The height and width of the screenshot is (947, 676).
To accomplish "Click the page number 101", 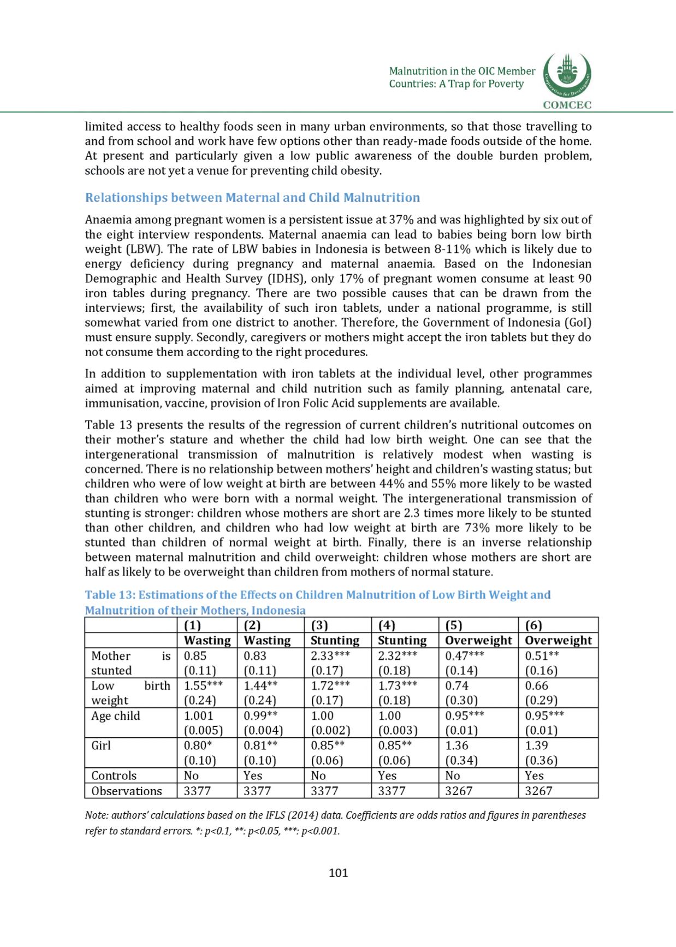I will pos(338,872).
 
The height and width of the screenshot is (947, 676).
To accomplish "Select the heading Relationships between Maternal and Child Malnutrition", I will pos(252,198).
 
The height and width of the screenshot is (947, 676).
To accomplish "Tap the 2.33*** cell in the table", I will pos(330,656).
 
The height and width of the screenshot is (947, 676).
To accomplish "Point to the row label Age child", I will pos(116,716).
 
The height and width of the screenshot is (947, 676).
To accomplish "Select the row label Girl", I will pos(101,745).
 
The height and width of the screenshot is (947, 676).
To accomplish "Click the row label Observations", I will pos(127,791).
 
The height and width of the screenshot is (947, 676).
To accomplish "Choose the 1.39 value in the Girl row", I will pos(536,745).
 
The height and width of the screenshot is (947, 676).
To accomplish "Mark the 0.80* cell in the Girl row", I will pos(199,745).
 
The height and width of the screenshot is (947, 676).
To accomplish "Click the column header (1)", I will pos(192,626).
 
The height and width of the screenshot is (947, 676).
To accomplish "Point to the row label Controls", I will pos(114,776).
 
